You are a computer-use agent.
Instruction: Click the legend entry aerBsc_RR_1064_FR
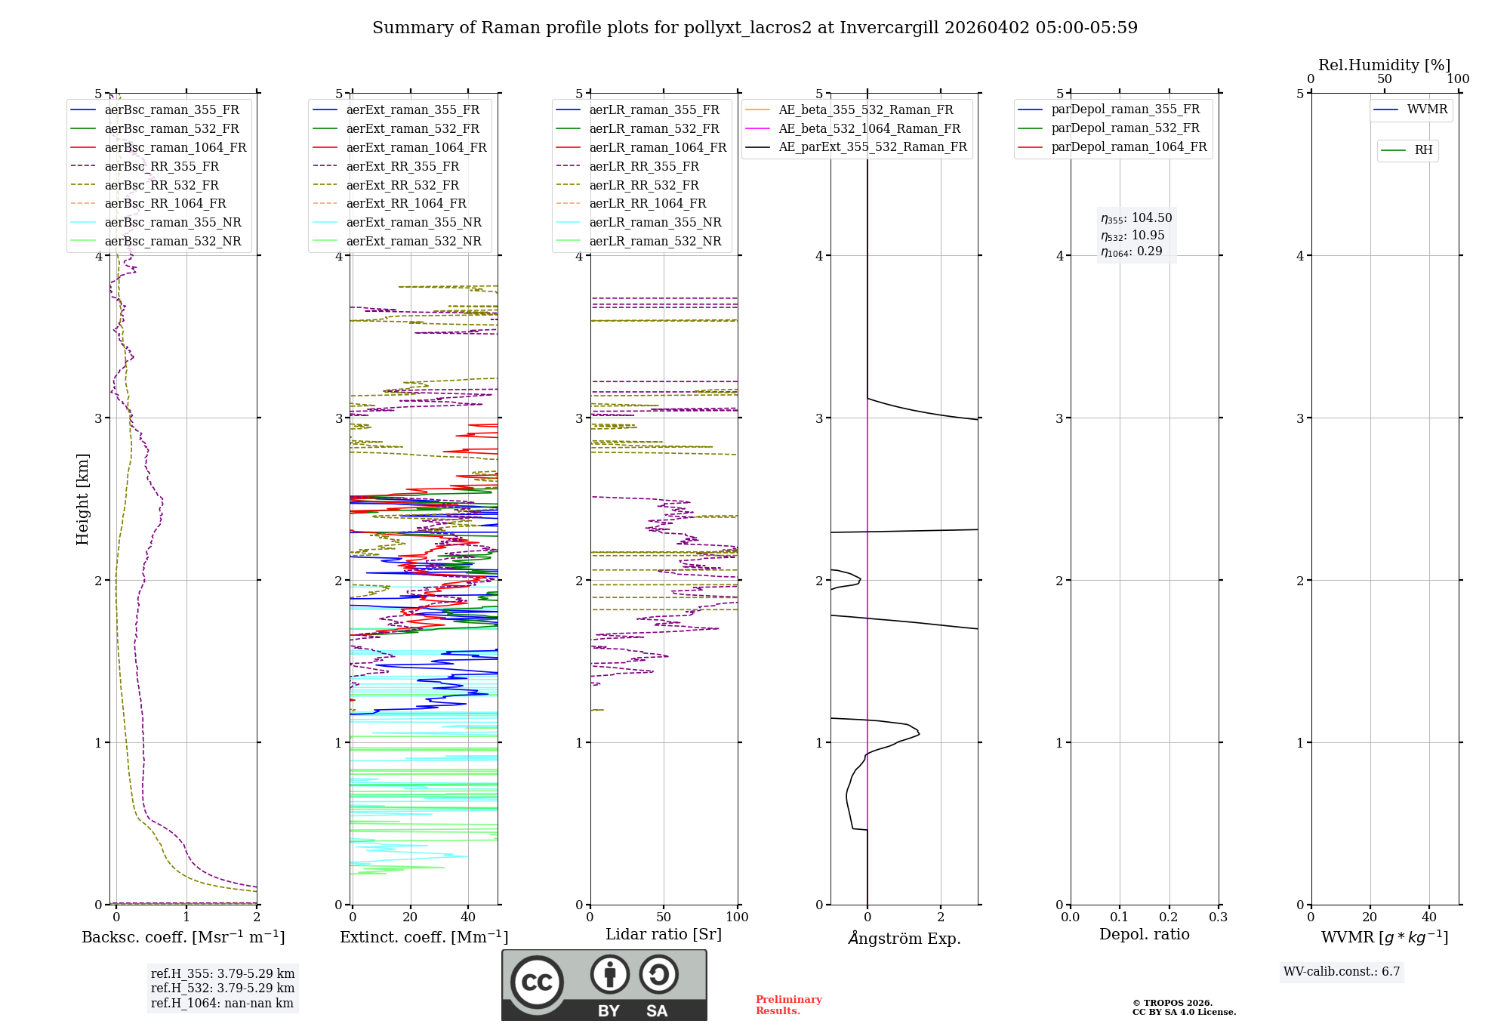pyautogui.click(x=165, y=204)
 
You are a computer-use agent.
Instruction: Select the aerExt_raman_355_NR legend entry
pyautogui.click(x=413, y=223)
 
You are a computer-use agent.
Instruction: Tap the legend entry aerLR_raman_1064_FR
pyautogui.click(x=657, y=148)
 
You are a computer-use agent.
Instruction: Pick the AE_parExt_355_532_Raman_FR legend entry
pyautogui.click(x=872, y=147)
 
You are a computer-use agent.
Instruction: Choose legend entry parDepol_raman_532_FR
pyautogui.click(x=1125, y=128)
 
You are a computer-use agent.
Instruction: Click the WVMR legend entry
pyautogui.click(x=1427, y=110)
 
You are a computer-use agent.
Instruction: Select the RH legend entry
pyautogui.click(x=1423, y=150)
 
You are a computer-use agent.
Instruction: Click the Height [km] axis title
pyautogui.click(x=83, y=499)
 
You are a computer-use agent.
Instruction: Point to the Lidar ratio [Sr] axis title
pyautogui.click(x=664, y=935)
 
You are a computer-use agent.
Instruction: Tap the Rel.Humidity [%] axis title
pyautogui.click(x=1384, y=65)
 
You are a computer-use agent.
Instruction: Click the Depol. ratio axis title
pyautogui.click(x=1144, y=935)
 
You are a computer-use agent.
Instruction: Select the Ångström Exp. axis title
pyautogui.click(x=904, y=939)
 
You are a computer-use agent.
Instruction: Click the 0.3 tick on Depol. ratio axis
pyautogui.click(x=1218, y=918)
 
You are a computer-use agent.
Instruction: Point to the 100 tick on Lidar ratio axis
pyautogui.click(x=737, y=918)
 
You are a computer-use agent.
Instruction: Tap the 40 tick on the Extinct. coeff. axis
pyautogui.click(x=468, y=918)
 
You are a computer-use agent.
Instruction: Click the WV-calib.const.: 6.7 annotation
pyautogui.click(x=1342, y=972)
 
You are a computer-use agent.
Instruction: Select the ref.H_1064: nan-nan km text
pyautogui.click(x=222, y=1004)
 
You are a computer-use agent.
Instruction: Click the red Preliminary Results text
pyautogui.click(x=788, y=1005)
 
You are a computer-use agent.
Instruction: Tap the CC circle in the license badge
pyautogui.click(x=537, y=982)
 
